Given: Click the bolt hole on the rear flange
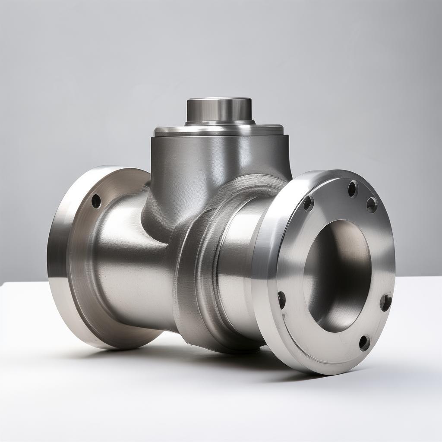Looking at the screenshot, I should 96,201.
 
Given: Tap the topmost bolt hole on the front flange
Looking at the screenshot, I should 353,189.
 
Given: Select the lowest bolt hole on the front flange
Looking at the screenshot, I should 364,343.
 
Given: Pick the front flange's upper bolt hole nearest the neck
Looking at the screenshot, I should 308,203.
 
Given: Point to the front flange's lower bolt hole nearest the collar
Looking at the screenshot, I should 281,300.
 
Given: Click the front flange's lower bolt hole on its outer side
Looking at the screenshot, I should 385,302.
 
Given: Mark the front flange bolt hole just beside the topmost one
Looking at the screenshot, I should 372,205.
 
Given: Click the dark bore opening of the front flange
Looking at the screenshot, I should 337,276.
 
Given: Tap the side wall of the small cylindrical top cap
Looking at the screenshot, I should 219,111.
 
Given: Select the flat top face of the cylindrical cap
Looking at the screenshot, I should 219,100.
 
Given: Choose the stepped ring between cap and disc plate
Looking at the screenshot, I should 219,123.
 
